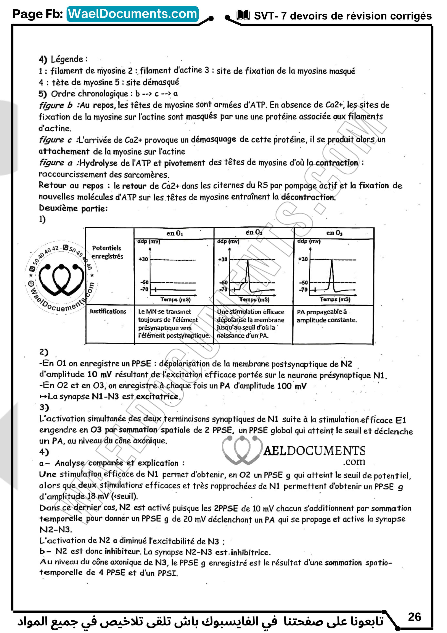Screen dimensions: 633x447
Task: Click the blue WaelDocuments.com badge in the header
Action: point(133,14)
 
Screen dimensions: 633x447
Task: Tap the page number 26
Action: point(415,617)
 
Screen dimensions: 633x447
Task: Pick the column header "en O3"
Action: point(334,233)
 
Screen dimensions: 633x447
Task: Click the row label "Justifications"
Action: point(108,311)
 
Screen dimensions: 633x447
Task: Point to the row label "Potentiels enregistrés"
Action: point(107,252)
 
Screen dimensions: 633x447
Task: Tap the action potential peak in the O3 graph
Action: point(332,262)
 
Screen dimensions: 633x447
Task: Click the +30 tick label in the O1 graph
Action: point(143,259)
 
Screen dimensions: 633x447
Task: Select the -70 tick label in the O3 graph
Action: point(303,290)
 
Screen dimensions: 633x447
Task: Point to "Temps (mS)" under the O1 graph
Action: point(175,299)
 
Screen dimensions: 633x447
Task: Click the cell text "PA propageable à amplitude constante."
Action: point(326,316)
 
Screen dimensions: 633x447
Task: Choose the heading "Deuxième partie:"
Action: point(73,208)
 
